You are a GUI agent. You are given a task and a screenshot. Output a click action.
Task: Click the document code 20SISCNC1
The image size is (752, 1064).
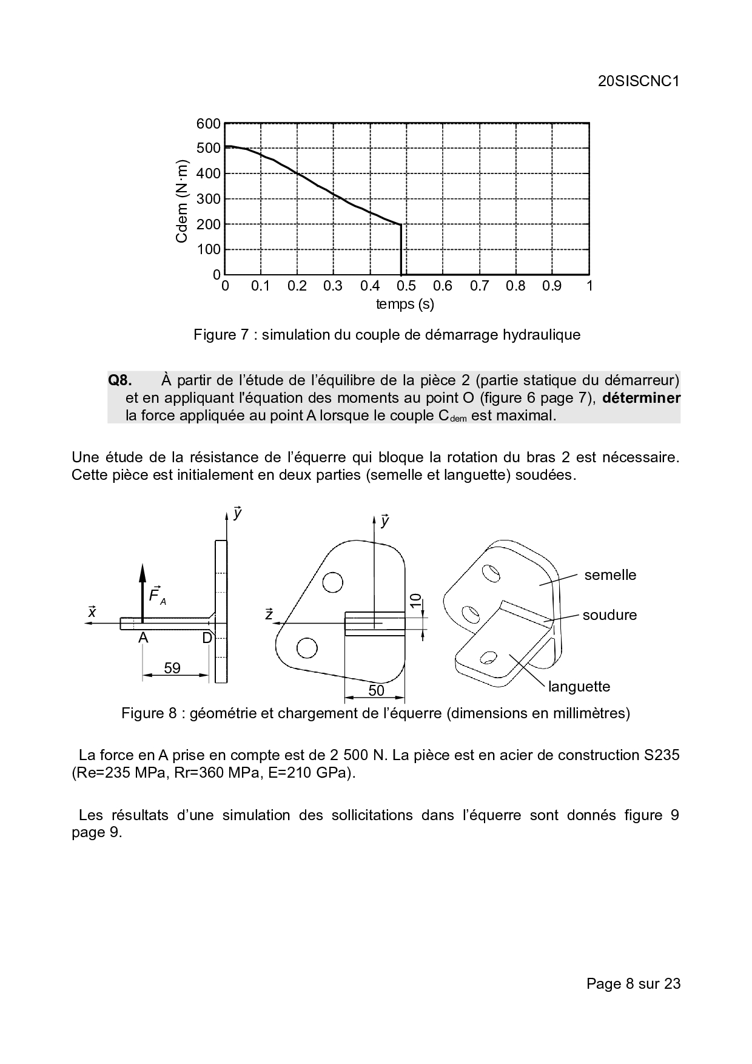pyautogui.click(x=638, y=82)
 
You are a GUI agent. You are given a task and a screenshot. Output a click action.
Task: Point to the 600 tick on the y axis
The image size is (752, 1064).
pyautogui.click(x=209, y=124)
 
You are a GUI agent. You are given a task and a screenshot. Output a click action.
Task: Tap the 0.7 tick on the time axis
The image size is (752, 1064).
pyautogui.click(x=479, y=286)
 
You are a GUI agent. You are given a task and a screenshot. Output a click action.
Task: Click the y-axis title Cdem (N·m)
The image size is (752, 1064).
pyautogui.click(x=182, y=201)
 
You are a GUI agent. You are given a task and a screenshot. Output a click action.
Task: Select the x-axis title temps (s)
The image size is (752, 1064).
pyautogui.click(x=405, y=304)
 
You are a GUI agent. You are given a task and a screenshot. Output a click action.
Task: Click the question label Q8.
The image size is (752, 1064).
pyautogui.click(x=119, y=380)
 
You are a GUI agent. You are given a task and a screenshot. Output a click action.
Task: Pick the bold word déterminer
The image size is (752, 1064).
pyautogui.click(x=642, y=398)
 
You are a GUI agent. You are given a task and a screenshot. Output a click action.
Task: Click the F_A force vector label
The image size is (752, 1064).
pyautogui.click(x=156, y=595)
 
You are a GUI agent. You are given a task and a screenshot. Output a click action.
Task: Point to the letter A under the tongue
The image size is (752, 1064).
pyautogui.click(x=143, y=638)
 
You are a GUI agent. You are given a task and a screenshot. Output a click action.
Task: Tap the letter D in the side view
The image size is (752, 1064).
pyautogui.click(x=207, y=638)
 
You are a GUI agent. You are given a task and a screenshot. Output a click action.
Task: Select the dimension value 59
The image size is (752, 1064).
pyautogui.click(x=172, y=668)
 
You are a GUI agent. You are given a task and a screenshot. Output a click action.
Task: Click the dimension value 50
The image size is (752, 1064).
pyautogui.click(x=376, y=690)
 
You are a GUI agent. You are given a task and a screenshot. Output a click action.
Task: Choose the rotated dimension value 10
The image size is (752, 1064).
pyautogui.click(x=415, y=601)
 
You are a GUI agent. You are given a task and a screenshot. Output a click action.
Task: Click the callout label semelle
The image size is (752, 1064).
pyautogui.click(x=610, y=575)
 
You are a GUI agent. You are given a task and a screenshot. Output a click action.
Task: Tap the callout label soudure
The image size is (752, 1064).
pyautogui.click(x=609, y=615)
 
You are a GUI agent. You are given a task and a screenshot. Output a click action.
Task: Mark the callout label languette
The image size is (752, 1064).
pyautogui.click(x=579, y=687)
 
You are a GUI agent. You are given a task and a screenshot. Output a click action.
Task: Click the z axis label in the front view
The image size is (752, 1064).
pyautogui.click(x=269, y=614)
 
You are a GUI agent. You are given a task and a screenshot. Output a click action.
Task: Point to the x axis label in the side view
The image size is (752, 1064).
pyautogui.click(x=92, y=611)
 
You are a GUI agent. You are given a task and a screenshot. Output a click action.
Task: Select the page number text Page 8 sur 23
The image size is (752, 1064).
pyautogui.click(x=633, y=983)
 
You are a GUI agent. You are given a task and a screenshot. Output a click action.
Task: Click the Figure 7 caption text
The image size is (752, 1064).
pyautogui.click(x=387, y=335)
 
